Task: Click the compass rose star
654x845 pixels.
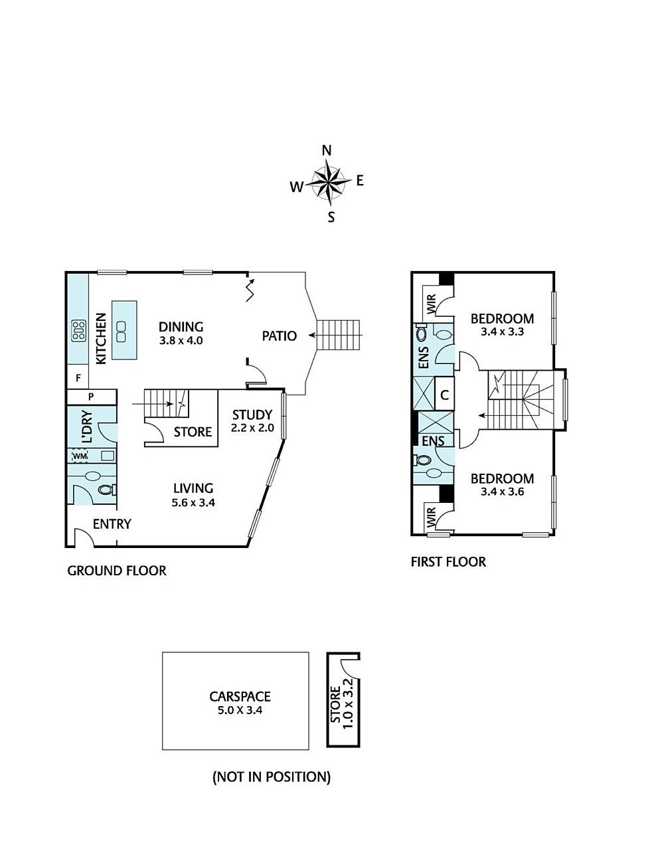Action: pos(329,183)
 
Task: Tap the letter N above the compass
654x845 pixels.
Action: pos(327,151)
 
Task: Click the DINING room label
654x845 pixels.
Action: pos(181,326)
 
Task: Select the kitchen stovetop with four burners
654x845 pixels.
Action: pos(79,331)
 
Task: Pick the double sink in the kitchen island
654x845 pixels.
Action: pos(121,331)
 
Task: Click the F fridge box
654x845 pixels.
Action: pos(78,377)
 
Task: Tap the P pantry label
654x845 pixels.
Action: pos(91,397)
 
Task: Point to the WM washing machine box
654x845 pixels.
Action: pos(80,456)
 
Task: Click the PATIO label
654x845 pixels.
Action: pos(279,335)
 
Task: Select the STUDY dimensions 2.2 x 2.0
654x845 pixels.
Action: pos(252,428)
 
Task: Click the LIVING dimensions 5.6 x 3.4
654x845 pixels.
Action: pos(193,502)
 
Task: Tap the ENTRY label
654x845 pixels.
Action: pos(112,523)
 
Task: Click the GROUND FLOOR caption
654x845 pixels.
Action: pos(117,571)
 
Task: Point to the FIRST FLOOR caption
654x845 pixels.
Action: pos(448,561)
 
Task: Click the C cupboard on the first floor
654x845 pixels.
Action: pos(444,395)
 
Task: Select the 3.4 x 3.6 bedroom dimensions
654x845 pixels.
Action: pos(502,492)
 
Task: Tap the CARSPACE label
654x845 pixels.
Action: pos(240,696)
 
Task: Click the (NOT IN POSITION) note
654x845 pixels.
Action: pos(272,777)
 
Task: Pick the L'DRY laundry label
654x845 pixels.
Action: pos(88,426)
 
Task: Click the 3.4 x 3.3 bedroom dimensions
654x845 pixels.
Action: pos(502,331)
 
